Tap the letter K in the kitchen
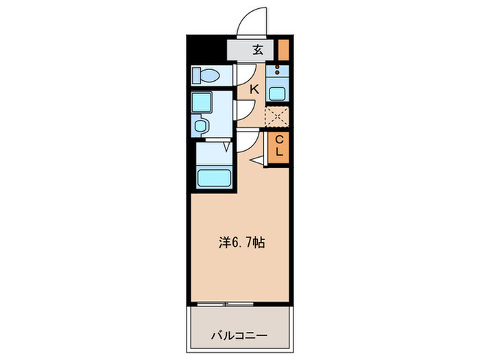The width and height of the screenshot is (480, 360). coord(254,88)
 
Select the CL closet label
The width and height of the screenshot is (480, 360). coord(279,145)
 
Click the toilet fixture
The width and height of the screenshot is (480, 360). coord(205,74)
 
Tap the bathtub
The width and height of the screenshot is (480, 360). coord(215,178)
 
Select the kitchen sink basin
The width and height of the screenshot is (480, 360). coord(278,94)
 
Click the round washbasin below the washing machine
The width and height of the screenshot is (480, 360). coord(202,125)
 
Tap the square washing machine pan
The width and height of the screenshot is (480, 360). coord(204,103)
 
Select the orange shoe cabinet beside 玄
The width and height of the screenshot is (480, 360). coord(283,49)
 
